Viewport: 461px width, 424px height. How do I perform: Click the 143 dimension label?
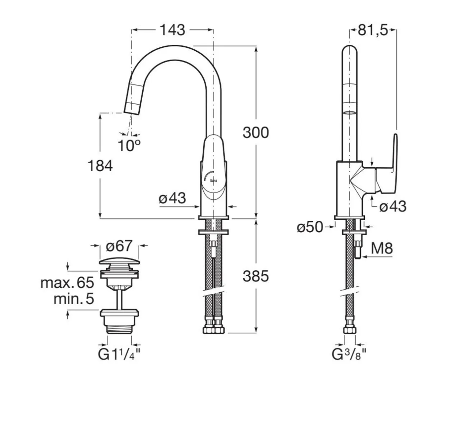172,30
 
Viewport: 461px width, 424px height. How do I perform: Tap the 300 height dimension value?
255,133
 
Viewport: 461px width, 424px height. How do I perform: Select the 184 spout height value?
100,166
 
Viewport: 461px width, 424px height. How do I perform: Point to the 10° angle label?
128,145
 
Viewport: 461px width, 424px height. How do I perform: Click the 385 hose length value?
255,276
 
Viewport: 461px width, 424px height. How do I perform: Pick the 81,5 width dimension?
373,31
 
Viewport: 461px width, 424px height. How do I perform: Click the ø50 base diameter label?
310,227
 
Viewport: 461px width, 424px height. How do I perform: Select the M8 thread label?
381,249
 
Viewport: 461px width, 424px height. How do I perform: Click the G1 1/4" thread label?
119,354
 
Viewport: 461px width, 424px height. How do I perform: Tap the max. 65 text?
67,283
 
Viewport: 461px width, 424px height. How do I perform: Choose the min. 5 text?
73,299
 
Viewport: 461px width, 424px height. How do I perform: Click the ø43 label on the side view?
393,207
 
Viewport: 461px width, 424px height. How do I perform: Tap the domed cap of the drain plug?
119,263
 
